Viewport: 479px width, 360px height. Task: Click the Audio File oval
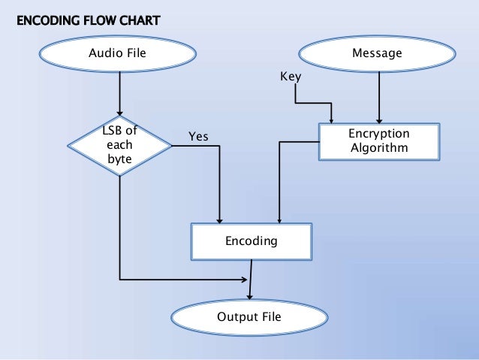point(117,53)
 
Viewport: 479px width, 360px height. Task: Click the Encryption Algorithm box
point(380,141)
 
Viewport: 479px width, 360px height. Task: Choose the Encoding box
point(252,242)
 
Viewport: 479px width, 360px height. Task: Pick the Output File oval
point(249,317)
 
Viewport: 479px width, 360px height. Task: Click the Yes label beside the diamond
point(198,136)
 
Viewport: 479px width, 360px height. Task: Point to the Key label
point(290,77)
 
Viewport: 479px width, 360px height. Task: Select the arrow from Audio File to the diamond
point(119,89)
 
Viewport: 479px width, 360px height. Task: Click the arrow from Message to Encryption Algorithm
point(380,96)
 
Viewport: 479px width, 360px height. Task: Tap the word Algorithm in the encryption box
point(380,148)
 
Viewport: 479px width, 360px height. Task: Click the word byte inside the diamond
point(119,159)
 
